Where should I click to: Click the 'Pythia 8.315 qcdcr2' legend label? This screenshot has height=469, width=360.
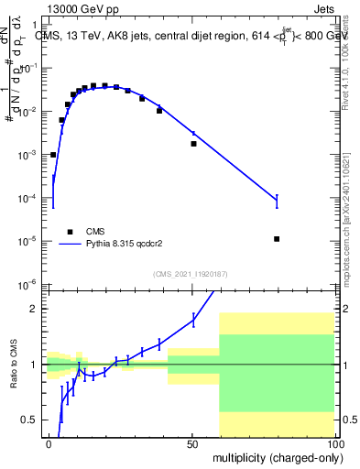click(124, 245)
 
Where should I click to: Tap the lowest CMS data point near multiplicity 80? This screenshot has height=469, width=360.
click(277, 239)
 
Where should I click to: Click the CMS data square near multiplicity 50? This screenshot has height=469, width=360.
click(193, 144)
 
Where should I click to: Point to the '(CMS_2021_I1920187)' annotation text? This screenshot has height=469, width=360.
click(191, 273)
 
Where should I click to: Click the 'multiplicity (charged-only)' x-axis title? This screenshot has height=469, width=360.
click(273, 456)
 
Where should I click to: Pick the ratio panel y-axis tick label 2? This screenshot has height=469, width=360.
click(31, 309)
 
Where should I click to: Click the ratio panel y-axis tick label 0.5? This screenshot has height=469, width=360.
click(27, 420)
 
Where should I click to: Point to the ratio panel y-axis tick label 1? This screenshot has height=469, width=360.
click(31, 365)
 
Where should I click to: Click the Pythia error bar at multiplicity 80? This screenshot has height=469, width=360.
click(277, 201)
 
